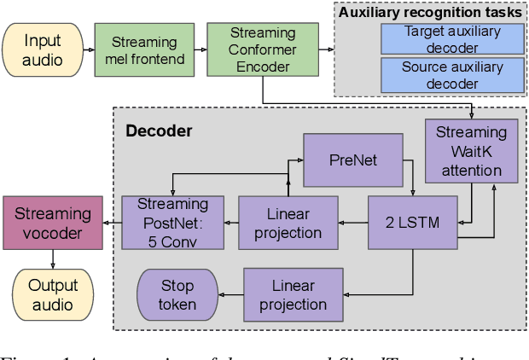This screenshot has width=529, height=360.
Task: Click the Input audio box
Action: point(43,50)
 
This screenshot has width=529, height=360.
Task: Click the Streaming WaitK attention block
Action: point(471,151)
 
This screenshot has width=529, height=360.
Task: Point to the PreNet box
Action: point(353,160)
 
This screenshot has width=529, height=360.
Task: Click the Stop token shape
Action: point(177,294)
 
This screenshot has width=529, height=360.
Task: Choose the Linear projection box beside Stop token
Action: point(293,294)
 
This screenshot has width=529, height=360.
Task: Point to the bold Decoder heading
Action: point(159,131)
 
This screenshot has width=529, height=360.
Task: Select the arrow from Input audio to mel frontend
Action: point(88,50)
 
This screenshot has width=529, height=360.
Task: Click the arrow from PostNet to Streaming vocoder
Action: point(111,223)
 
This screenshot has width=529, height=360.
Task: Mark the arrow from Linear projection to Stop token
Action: point(230,294)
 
